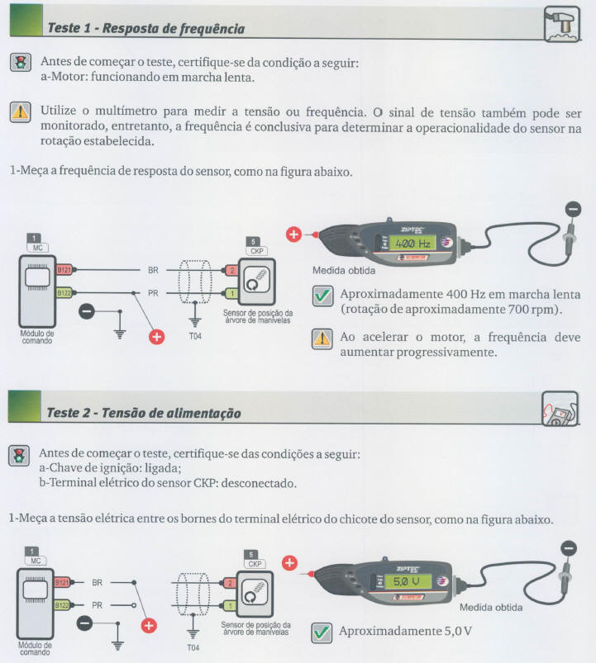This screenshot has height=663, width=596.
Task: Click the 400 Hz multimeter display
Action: [412, 243]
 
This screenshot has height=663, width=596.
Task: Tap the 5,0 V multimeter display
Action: [408, 581]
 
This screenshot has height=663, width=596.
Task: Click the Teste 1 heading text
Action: [146, 28]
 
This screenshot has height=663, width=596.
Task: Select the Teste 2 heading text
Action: [144, 413]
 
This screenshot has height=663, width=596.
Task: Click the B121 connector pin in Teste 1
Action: [64, 270]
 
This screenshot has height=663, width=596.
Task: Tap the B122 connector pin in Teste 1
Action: [64, 292]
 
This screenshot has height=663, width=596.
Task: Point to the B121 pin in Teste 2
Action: [62, 583]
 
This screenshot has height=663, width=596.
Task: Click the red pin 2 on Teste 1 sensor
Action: [231, 270]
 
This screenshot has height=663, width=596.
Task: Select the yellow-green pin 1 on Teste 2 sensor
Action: [230, 605]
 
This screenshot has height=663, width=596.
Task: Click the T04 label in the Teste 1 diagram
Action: [195, 336]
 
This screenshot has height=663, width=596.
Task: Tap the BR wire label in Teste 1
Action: [153, 270]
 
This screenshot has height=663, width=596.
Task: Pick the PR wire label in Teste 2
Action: [97, 605]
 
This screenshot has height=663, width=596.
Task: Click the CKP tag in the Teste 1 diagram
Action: [256, 251]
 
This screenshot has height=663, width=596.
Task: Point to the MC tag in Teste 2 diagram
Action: [36, 561]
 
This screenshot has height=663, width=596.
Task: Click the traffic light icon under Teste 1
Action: [21, 63]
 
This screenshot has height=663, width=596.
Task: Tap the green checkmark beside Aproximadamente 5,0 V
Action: [322, 632]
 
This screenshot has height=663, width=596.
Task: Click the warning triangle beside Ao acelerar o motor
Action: [322, 339]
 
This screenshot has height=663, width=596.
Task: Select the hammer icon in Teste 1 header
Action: [562, 24]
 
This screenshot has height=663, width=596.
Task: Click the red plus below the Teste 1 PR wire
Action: [156, 337]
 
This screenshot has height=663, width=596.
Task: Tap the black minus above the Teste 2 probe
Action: [569, 548]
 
